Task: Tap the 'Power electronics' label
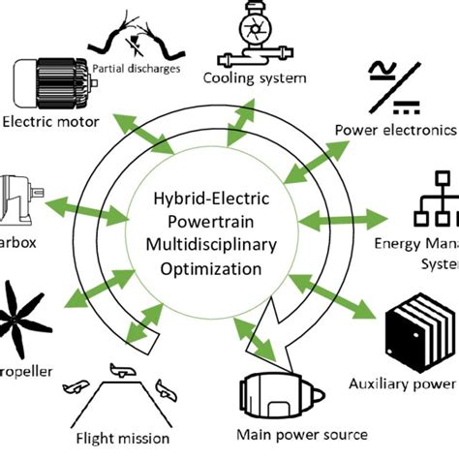[394, 130]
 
